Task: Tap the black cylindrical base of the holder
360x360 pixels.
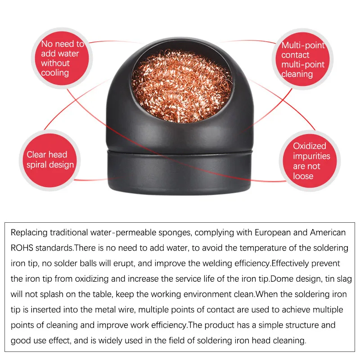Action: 180,173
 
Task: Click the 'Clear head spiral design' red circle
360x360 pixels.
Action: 49,160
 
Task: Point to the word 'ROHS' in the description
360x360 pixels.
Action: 22,248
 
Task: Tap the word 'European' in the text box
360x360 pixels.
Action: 274,233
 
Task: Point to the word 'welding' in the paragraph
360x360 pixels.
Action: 224,263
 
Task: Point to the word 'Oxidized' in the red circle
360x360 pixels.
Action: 310,146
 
